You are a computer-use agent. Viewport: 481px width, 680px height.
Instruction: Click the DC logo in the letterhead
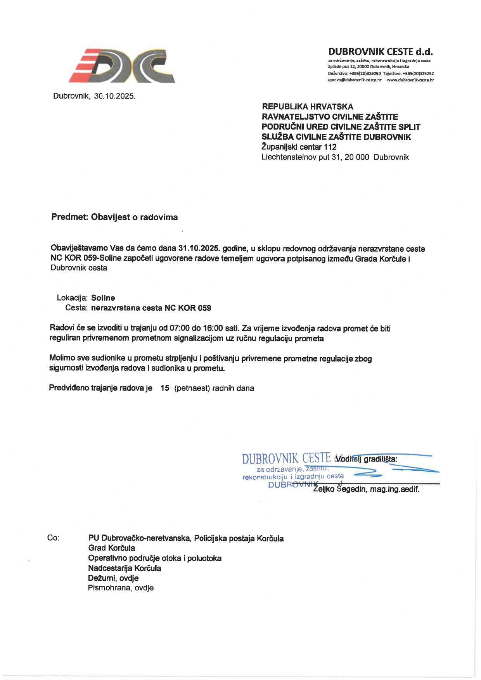122,66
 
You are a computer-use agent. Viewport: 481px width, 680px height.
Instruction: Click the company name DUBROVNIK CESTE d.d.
380,52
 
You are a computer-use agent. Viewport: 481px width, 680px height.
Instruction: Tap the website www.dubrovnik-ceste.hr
410,80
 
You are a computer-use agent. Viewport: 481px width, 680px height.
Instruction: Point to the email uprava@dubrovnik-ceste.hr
355,80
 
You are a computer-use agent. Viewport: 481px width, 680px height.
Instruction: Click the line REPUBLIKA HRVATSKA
308,107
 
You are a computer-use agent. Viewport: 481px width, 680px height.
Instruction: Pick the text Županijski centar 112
299,147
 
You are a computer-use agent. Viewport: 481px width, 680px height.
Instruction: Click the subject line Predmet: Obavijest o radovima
114,217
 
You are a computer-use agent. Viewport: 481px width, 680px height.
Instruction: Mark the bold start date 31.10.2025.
199,248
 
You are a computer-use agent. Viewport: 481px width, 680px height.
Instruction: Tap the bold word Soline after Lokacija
103,298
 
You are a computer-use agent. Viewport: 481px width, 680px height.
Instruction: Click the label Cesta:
77,308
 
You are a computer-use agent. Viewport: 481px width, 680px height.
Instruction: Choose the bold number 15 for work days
165,388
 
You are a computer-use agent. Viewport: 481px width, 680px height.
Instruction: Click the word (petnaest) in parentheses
192,388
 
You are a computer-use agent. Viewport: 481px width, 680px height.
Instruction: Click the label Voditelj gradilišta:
367,459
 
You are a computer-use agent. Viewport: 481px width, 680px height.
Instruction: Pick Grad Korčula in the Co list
112,548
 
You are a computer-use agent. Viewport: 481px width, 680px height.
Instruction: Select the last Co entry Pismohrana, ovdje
121,588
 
